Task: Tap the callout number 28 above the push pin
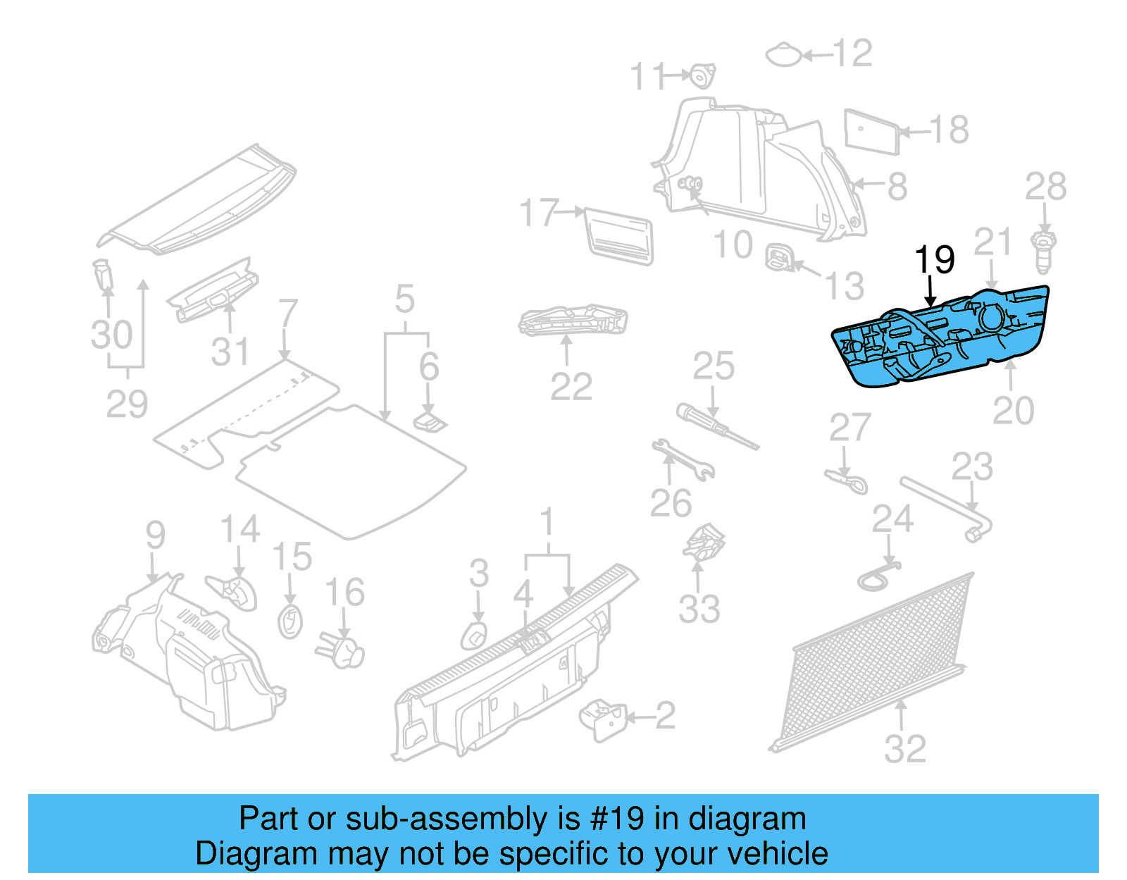[x=1045, y=187]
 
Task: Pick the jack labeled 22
[x=572, y=321]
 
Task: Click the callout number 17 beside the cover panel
[x=538, y=212]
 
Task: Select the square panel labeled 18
[x=871, y=131]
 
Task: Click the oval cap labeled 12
[x=783, y=54]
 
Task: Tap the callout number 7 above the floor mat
[x=287, y=314]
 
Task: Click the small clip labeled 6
[x=430, y=423]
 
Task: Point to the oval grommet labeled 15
[x=289, y=621]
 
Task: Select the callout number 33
[x=699, y=609]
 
